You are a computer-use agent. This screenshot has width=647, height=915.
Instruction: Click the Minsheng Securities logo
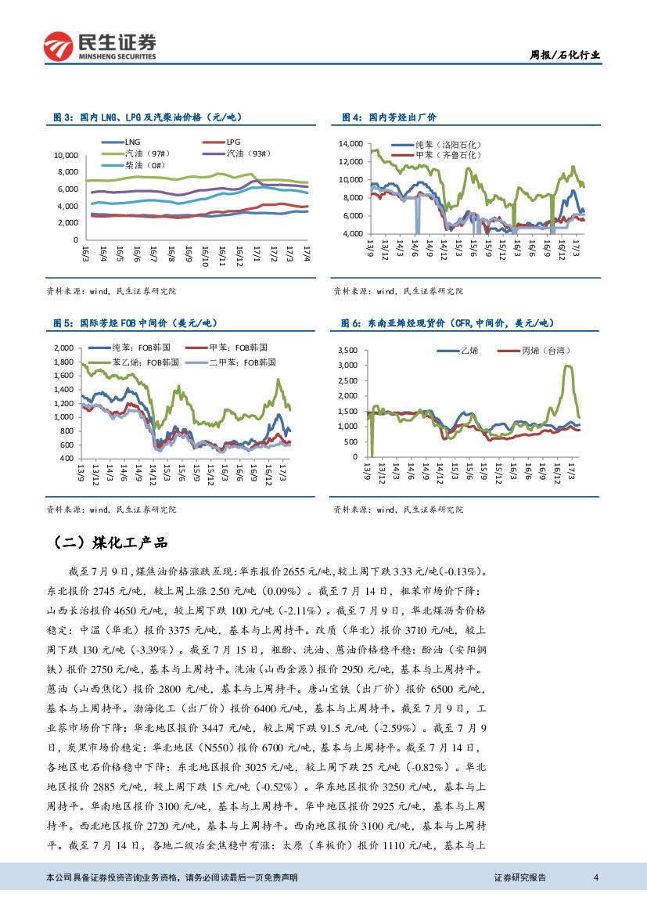pos(99,46)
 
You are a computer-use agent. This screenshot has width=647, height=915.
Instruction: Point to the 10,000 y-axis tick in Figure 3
pos(66,155)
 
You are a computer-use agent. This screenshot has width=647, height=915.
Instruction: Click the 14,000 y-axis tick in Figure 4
pos(350,144)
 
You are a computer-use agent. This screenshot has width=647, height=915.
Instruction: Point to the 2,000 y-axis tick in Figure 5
pos(63,348)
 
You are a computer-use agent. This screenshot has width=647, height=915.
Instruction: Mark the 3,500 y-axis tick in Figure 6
pos(347,350)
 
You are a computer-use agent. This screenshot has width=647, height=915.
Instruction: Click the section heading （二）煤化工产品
pos(110,542)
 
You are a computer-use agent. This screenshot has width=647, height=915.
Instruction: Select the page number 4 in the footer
pos(596,877)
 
